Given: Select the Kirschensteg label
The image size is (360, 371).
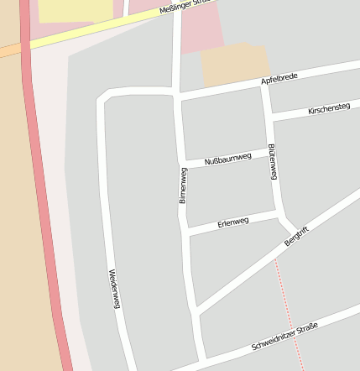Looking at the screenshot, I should pyautogui.click(x=329, y=109).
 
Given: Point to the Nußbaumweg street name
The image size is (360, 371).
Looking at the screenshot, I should pyautogui.click(x=227, y=158).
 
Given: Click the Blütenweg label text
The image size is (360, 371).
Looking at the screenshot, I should pyautogui.click(x=273, y=161).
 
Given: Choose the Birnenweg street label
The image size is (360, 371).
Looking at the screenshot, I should pyautogui.click(x=182, y=185).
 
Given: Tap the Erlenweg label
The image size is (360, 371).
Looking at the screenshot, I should pyautogui.click(x=233, y=222).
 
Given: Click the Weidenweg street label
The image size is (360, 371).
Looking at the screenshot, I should pyautogui.click(x=115, y=288).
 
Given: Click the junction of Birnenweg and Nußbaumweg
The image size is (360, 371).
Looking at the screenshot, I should pyautogui.click(x=183, y=165).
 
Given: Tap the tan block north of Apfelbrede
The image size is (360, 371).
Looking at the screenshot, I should pyautogui.click(x=234, y=65).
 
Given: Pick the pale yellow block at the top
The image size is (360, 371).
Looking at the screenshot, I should pyautogui.click(x=76, y=10).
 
